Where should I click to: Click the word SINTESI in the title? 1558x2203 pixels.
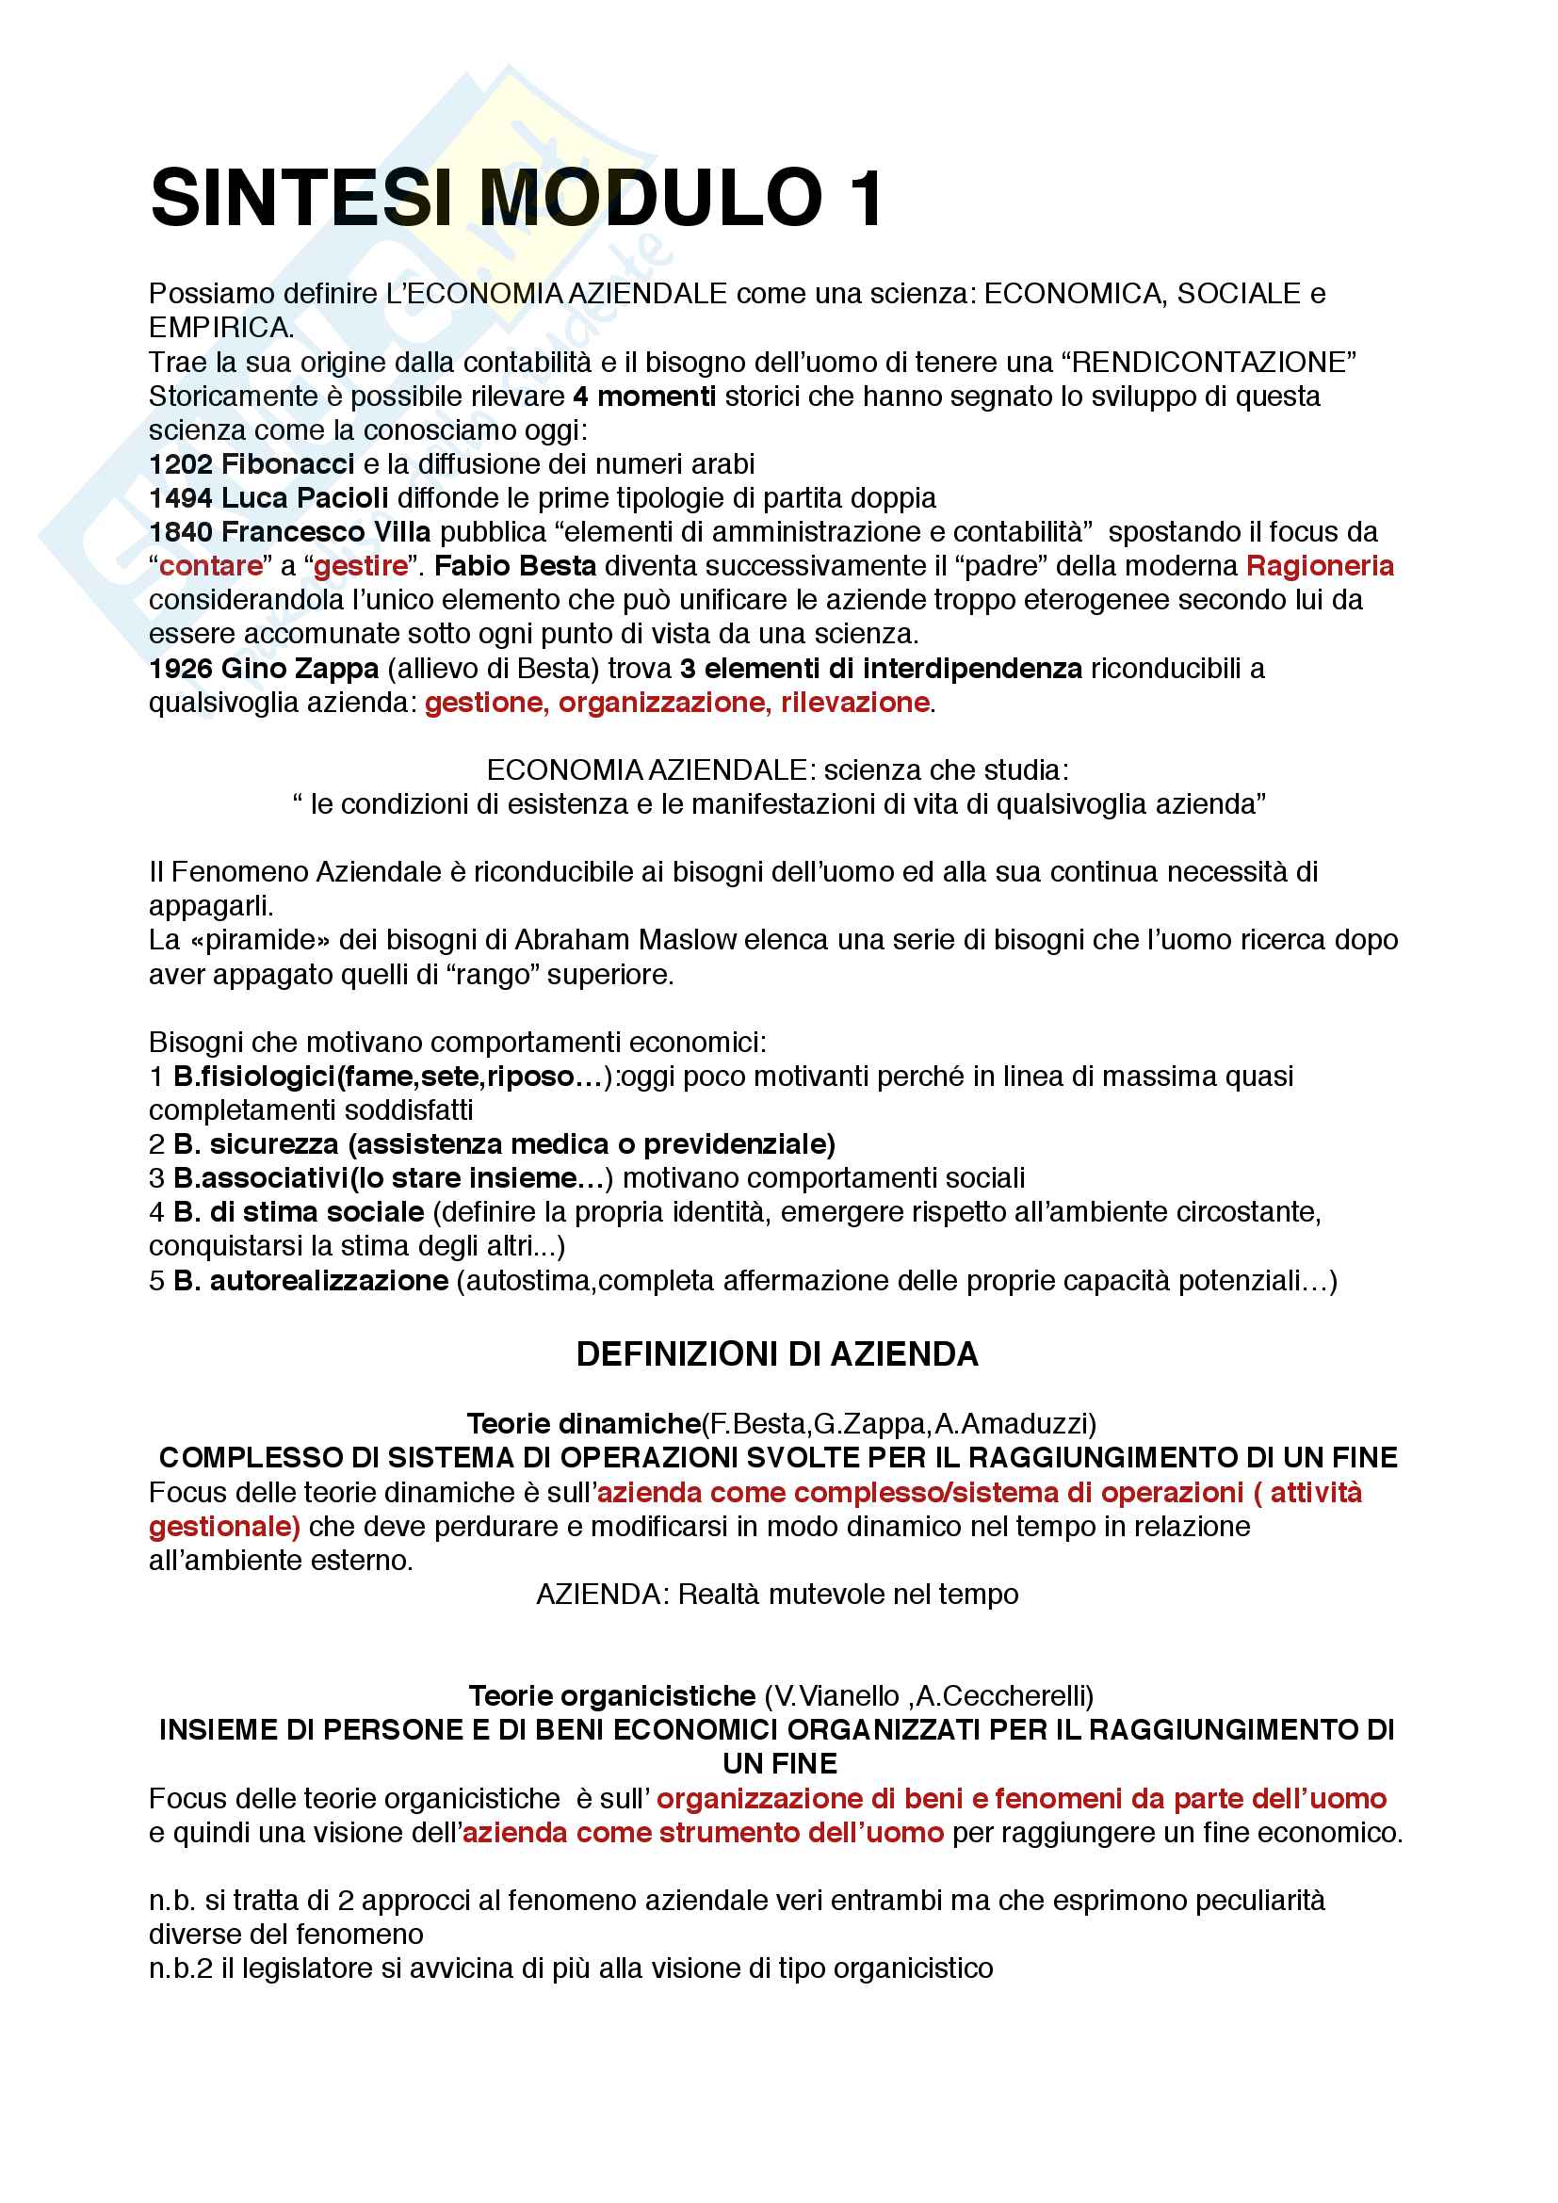pyautogui.click(x=300, y=199)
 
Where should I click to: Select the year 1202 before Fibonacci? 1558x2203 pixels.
pyautogui.click(x=180, y=464)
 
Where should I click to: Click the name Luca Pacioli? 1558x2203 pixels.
pyautogui.click(x=304, y=498)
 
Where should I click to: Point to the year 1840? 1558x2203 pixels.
pyautogui.click(x=180, y=531)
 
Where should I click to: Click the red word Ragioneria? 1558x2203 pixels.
pyautogui.click(x=1319, y=566)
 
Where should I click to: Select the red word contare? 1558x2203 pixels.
pyautogui.click(x=211, y=566)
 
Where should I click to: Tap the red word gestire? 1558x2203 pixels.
pyautogui.click(x=361, y=566)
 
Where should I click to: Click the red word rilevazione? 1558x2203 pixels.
pyautogui.click(x=853, y=703)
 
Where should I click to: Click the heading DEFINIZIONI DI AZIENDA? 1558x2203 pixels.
pyautogui.click(x=777, y=1353)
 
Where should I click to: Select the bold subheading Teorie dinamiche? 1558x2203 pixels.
pyautogui.click(x=583, y=1423)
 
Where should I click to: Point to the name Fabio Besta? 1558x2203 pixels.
pyautogui.click(x=515, y=566)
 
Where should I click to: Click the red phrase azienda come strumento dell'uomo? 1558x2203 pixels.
pyautogui.click(x=704, y=1832)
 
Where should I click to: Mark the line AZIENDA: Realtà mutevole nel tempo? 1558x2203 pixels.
pyautogui.click(x=777, y=1594)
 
